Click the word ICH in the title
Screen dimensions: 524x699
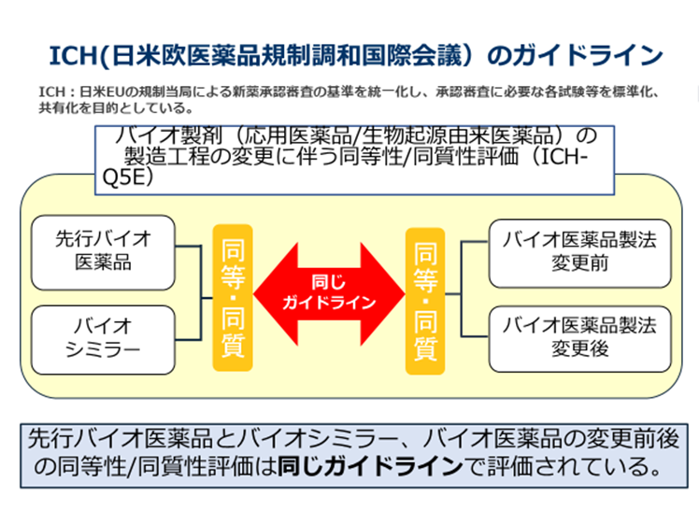[x=72, y=55]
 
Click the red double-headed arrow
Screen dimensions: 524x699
[x=329, y=291]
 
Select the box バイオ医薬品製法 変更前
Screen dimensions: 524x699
[x=579, y=250]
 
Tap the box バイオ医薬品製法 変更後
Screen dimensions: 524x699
[x=579, y=337]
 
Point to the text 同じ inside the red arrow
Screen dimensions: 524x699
[x=329, y=281]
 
